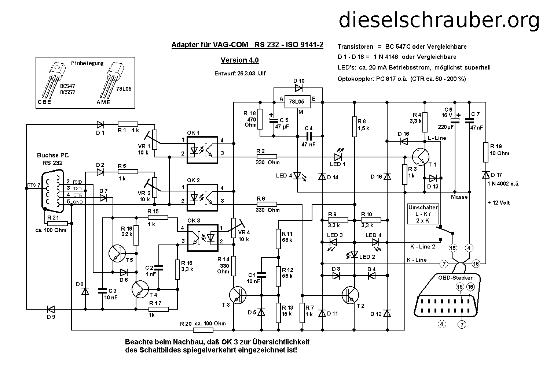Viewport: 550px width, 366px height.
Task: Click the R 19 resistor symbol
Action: [x=486, y=152]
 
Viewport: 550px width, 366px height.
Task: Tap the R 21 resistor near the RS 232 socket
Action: [x=57, y=223]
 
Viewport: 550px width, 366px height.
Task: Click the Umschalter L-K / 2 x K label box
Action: [x=423, y=214]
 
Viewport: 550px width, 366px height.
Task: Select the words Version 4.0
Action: [x=239, y=60]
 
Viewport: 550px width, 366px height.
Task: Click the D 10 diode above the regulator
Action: [x=298, y=88]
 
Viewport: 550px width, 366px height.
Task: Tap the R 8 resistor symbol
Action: [x=355, y=127]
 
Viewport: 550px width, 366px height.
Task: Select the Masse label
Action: [x=459, y=197]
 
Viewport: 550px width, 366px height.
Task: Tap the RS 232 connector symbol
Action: [x=53, y=190]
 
